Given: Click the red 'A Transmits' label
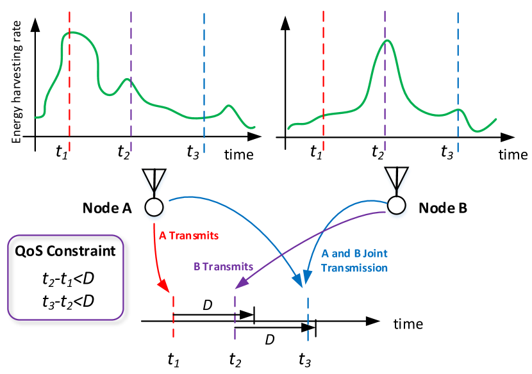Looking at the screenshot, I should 188,236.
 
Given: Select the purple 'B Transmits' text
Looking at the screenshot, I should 223,266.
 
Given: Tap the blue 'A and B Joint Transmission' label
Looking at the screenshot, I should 354,261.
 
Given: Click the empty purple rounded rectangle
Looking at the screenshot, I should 65,277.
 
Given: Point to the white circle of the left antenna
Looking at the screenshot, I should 154,207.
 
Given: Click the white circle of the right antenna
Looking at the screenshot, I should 396,205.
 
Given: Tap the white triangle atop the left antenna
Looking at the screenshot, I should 154,178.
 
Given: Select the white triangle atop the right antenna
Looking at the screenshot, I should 396,177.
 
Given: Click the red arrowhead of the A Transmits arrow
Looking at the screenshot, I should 164,285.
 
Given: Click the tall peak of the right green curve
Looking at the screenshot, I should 385,41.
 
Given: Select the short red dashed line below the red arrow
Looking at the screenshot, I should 173,317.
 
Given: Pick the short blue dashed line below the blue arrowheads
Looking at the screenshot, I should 308,319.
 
